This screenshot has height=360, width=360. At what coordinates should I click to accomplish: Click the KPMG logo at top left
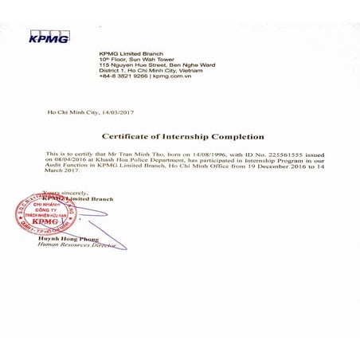coord(49,37)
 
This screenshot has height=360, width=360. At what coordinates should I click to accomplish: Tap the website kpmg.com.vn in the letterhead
coord(173,76)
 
